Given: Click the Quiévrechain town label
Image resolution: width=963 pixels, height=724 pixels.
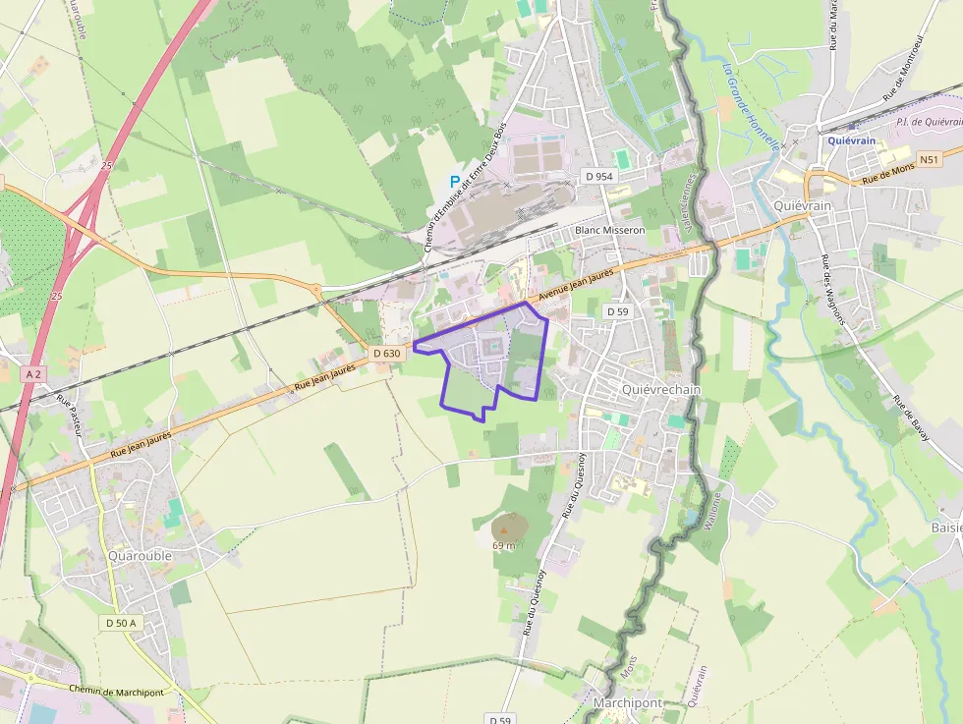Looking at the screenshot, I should (x=661, y=389).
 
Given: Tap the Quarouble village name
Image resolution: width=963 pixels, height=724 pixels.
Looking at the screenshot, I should (x=140, y=555).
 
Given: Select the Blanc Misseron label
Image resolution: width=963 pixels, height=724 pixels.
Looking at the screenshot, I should (x=609, y=230).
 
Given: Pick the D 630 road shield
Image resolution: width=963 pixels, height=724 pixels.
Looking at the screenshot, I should (x=387, y=353).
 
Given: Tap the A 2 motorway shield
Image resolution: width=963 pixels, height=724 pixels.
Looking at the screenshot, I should (x=34, y=374).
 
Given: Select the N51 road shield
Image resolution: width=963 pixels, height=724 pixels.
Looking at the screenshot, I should (x=930, y=159).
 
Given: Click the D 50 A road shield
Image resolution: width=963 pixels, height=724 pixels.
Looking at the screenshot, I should (x=121, y=623).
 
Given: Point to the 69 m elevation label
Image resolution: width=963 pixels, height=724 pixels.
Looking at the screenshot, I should (x=504, y=545).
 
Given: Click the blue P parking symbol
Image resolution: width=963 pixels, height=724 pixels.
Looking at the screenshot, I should (x=454, y=181).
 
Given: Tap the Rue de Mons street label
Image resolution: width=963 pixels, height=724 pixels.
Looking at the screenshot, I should (x=889, y=175).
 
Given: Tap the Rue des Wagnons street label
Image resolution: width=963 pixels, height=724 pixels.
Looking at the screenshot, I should (x=838, y=292).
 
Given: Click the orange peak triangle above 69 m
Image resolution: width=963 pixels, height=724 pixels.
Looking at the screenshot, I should (x=504, y=529).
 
